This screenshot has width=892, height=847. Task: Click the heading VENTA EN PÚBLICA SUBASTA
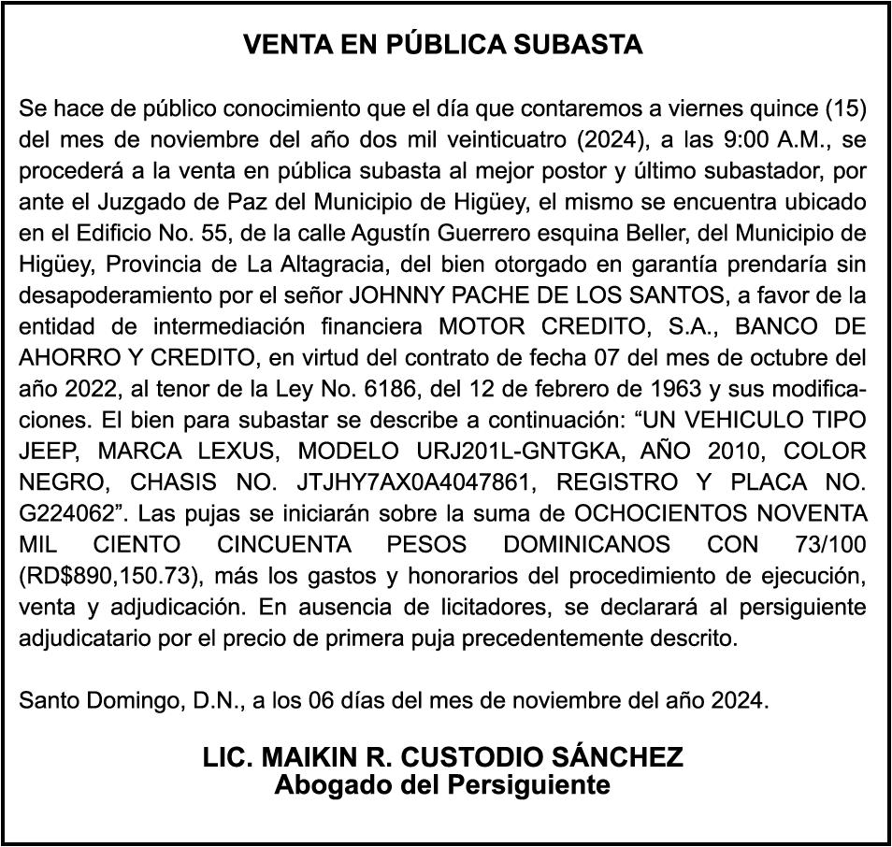(x=443, y=45)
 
